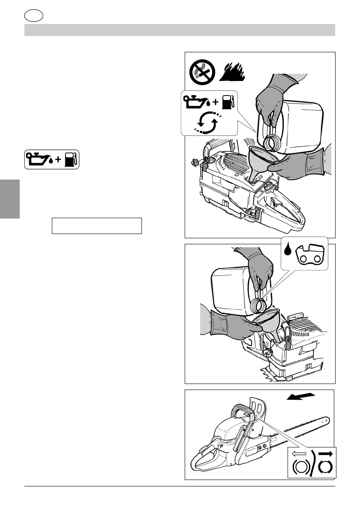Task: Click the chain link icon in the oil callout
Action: click(311, 253)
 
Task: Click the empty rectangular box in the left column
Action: click(96, 225)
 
